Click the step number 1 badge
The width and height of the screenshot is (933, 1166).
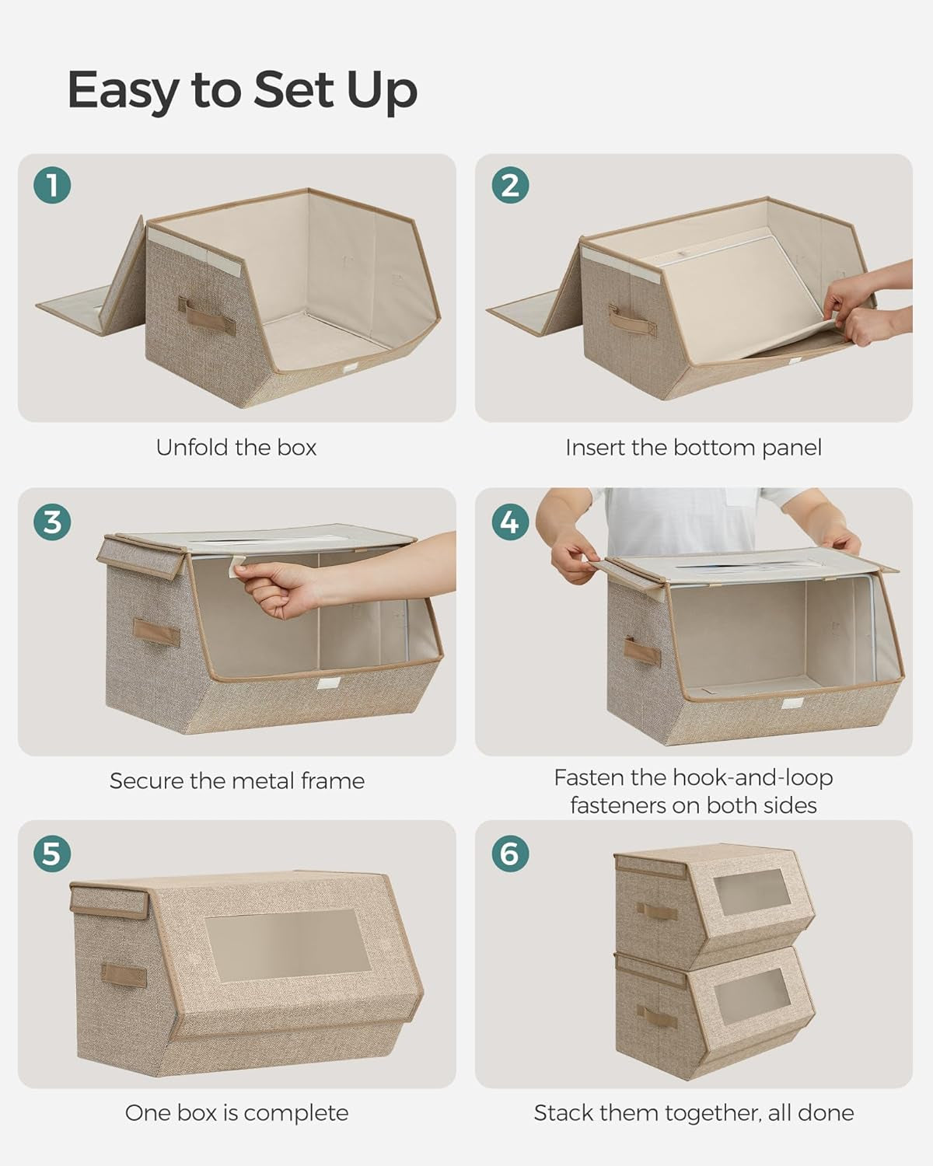click(x=52, y=186)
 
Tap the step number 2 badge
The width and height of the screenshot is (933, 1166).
click(x=510, y=186)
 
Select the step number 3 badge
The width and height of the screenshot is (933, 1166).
click(x=52, y=522)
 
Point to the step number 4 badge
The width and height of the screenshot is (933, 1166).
click(x=510, y=522)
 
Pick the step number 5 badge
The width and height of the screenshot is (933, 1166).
click(x=52, y=854)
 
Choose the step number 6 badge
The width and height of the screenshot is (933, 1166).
click(x=510, y=854)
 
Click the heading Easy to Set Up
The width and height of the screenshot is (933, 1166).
click(x=242, y=90)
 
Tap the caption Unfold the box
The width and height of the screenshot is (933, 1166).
click(x=236, y=448)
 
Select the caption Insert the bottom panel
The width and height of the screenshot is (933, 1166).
click(x=693, y=448)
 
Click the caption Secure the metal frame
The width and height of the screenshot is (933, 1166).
click(x=236, y=781)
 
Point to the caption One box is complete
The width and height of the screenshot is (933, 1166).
click(x=236, y=1113)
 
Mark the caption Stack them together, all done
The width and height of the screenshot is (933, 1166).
click(x=693, y=1113)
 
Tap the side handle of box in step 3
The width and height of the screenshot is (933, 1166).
click(x=155, y=631)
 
